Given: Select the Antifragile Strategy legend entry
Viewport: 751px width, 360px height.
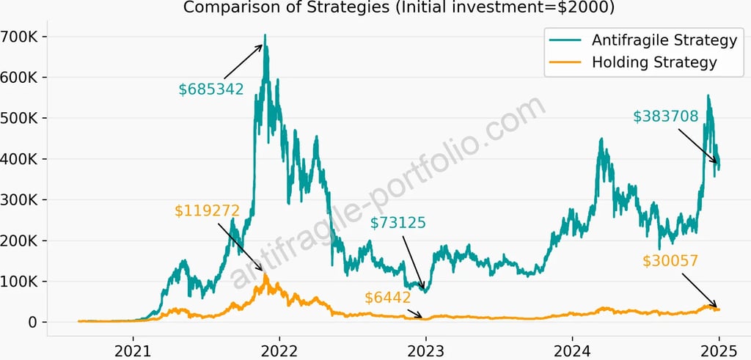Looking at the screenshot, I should tap(653, 39).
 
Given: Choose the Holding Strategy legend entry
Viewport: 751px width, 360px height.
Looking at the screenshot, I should tap(653, 62).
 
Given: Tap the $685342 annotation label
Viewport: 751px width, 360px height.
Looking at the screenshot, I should tap(211, 89).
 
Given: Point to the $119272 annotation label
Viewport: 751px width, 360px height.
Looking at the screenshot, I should tap(208, 211).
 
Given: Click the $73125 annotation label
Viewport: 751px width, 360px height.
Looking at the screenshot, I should tap(398, 223).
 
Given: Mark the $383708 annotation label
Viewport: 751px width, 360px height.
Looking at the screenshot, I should tap(666, 116).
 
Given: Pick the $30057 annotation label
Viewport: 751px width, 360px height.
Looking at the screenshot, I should tap(670, 260).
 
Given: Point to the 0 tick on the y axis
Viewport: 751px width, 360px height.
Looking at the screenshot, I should tap(33, 323).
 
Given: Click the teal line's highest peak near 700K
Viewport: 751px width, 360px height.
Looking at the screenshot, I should tap(265, 35).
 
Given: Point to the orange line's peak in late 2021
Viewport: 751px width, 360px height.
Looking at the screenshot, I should tap(265, 275).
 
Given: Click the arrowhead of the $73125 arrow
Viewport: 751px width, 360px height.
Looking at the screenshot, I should tap(423, 291).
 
